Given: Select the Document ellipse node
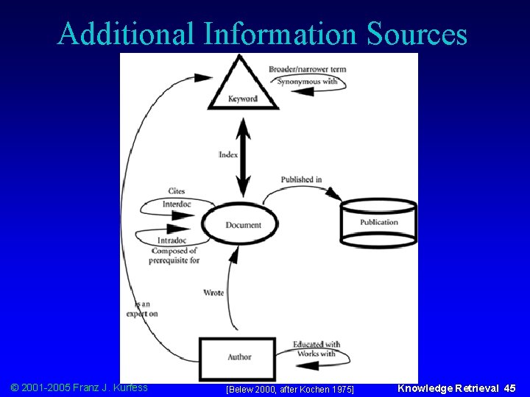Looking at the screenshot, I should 242,226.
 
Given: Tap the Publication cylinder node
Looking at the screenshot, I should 379,223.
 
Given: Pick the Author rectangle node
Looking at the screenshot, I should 239,357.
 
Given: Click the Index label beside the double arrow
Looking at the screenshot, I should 228,155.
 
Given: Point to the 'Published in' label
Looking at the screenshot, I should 301,179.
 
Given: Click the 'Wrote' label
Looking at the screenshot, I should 213,293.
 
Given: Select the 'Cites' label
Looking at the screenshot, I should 176,191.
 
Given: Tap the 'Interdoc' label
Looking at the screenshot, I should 177,204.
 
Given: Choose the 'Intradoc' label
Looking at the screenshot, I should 172,240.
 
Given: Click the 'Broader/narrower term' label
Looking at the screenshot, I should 307,70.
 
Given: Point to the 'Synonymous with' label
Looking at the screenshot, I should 307,81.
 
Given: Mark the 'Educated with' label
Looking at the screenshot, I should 316,343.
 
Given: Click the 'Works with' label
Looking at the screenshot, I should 316,354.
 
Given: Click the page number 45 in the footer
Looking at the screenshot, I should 509,387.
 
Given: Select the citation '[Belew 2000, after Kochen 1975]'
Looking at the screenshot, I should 289,388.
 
